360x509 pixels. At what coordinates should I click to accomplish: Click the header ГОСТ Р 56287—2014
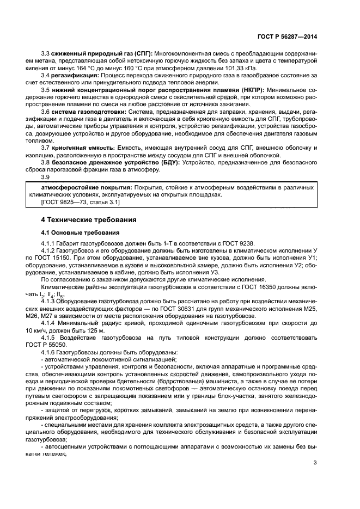[287, 36]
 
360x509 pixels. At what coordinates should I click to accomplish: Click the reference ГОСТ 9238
[235, 243]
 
